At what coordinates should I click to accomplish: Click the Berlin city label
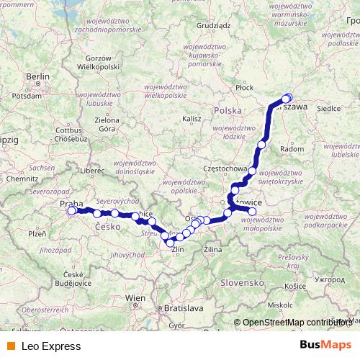point(37,76)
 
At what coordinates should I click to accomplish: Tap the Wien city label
point(135,297)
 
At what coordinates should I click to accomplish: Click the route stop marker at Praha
point(71,211)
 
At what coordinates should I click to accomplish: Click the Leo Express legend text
point(50,346)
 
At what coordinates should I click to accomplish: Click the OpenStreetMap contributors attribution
point(297,323)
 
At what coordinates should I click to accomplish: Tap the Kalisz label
point(191,118)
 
